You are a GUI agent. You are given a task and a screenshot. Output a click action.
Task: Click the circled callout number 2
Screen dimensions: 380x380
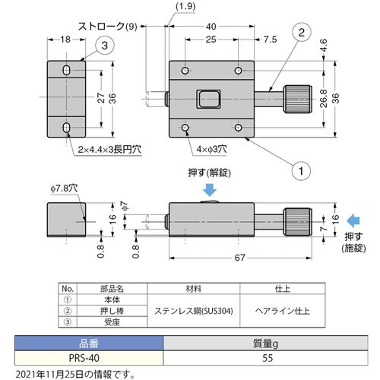(301, 33)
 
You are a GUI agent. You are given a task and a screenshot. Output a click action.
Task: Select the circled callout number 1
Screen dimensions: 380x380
(301, 171)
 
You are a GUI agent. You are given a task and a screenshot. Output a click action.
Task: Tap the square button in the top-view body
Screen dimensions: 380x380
(207, 99)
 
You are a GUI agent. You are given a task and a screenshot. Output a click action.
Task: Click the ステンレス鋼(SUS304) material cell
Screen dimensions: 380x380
(193, 309)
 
